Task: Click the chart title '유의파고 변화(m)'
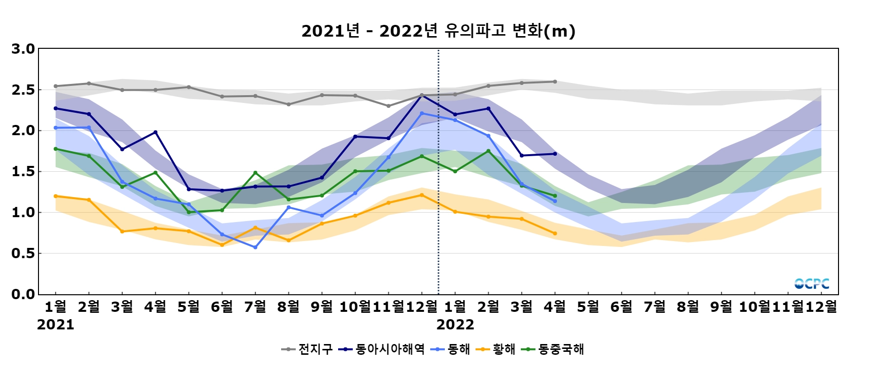click(438, 31)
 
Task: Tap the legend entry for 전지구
click(307, 349)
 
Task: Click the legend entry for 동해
click(451, 349)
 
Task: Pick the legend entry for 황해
click(496, 349)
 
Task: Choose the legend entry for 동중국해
click(553, 349)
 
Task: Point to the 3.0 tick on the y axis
click(23, 49)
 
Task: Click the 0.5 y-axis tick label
click(23, 253)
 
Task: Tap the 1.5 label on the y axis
click(23, 171)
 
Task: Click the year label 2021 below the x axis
click(56, 325)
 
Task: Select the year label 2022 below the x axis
click(455, 325)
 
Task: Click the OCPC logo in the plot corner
click(812, 284)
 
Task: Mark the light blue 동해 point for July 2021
click(255, 247)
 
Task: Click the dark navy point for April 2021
click(155, 132)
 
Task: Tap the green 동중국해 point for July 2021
click(255, 173)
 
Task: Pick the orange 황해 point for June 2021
click(222, 245)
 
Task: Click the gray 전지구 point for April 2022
click(555, 81)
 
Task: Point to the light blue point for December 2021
click(422, 113)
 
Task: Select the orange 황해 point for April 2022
click(555, 233)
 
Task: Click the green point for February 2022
click(488, 151)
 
